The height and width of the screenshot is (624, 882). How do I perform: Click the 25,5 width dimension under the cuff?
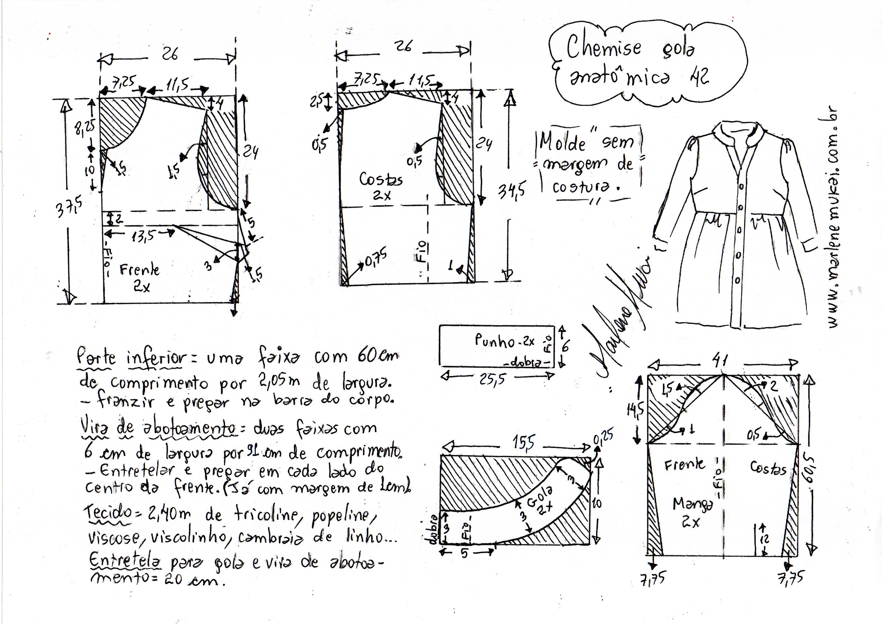coord(492,379)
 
